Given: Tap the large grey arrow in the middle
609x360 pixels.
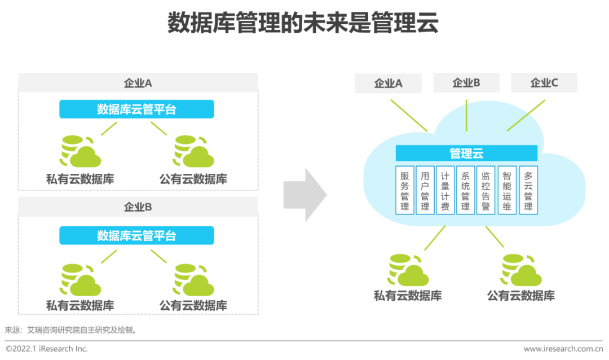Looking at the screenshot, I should pyautogui.click(x=304, y=194).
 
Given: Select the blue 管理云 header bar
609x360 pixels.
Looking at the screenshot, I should pyautogui.click(x=466, y=153).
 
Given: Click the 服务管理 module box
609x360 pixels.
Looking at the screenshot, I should pyautogui.click(x=404, y=190).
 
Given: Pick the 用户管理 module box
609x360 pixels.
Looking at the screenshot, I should pyautogui.click(x=425, y=190).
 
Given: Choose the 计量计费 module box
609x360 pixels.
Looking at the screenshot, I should pyautogui.click(x=445, y=190).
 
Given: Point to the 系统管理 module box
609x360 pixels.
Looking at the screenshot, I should pyautogui.click(x=465, y=190).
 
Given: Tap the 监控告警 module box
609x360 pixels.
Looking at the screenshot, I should pyautogui.click(x=486, y=190).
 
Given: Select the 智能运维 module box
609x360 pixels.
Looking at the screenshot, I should pyautogui.click(x=507, y=190).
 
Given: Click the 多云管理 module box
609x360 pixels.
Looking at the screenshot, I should pyautogui.click(x=528, y=190).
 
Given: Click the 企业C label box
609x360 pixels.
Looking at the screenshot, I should pyautogui.click(x=544, y=83).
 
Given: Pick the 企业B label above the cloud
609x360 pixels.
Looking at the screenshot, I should pyautogui.click(x=466, y=83).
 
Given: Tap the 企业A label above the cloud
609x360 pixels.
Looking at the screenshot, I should pyautogui.click(x=389, y=84).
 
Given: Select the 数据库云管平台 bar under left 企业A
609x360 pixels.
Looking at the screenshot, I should pyautogui.click(x=136, y=109).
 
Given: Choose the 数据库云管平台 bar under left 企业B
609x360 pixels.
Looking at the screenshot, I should pyautogui.click(x=136, y=235).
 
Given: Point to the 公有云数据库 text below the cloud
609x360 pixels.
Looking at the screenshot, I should pyautogui.click(x=521, y=296).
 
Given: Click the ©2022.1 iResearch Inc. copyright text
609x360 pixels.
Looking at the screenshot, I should pyautogui.click(x=47, y=349).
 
